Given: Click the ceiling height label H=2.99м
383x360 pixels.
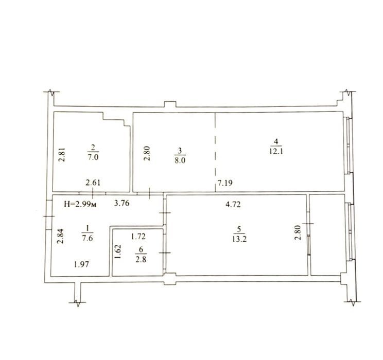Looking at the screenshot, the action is [80, 204].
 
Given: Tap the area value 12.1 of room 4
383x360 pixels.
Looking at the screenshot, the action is [276, 151].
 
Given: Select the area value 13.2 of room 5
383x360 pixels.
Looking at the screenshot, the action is [239, 239].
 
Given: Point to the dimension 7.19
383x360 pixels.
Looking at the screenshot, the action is [225, 183].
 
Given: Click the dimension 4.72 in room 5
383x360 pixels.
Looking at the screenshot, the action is [233, 204].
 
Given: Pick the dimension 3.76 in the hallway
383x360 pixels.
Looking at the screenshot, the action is [122, 203].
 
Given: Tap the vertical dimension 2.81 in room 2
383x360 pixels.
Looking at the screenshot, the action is [62, 155].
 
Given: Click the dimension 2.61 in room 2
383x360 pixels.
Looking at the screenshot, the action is [93, 183].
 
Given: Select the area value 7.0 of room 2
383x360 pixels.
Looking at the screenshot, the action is [93, 157].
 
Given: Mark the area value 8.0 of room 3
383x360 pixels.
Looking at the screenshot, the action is [180, 161].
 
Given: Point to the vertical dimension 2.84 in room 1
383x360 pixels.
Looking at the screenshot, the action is [60, 236].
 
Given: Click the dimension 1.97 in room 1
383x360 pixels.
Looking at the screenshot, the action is [81, 264].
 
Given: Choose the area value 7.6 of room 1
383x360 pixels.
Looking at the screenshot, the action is [88, 238].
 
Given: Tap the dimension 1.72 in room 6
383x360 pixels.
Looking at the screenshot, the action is [138, 236].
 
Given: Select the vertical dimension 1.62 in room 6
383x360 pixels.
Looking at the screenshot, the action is [118, 252].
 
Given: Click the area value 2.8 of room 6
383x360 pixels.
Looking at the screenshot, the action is [141, 259].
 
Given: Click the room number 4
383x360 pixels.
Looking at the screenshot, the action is [276, 141].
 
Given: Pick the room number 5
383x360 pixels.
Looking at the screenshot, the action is [239, 229].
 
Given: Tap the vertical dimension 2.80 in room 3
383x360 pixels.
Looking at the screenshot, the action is [147, 153].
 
